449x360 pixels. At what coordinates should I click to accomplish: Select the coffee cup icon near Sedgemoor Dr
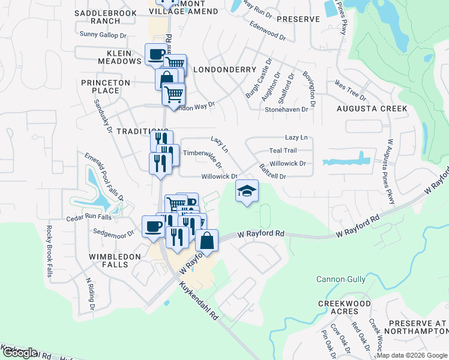153,227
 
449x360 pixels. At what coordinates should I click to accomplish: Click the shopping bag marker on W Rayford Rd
206,241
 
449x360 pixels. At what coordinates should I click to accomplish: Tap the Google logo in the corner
19,353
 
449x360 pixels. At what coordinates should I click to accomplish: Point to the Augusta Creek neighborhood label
372,109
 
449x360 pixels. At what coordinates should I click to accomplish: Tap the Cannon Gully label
340,279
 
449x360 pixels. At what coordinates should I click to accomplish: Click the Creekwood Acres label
345,308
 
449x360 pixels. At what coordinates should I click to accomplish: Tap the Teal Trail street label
283,151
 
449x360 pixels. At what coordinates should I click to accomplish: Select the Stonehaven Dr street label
286,110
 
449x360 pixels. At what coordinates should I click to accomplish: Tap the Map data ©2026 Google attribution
412,355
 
